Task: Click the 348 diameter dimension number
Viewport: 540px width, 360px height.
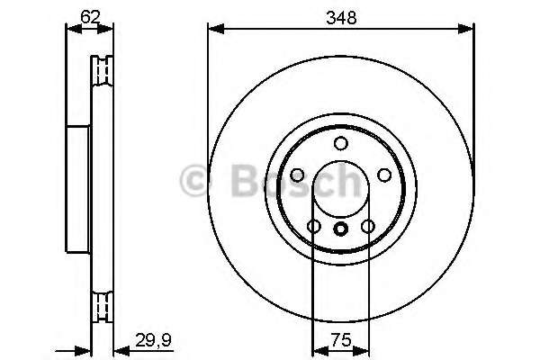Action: [x=340, y=16]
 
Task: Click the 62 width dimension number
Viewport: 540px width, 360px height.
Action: [x=89, y=15]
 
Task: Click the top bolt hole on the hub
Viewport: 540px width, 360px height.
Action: [x=340, y=144]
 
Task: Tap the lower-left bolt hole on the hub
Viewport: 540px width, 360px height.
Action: [x=313, y=227]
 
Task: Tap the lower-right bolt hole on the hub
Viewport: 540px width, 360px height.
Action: [x=367, y=227]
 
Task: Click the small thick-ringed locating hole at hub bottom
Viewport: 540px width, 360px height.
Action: [x=340, y=229]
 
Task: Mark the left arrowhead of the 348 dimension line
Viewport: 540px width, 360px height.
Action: [x=213, y=30]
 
